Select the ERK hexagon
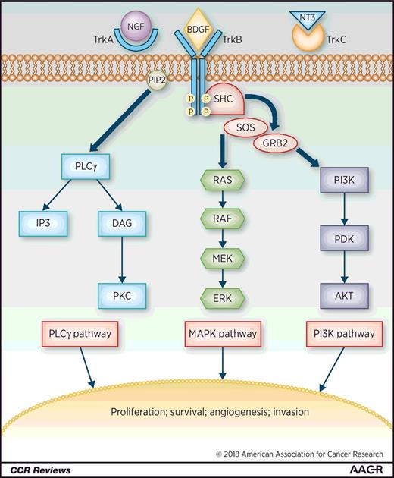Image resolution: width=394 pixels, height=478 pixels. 223,297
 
